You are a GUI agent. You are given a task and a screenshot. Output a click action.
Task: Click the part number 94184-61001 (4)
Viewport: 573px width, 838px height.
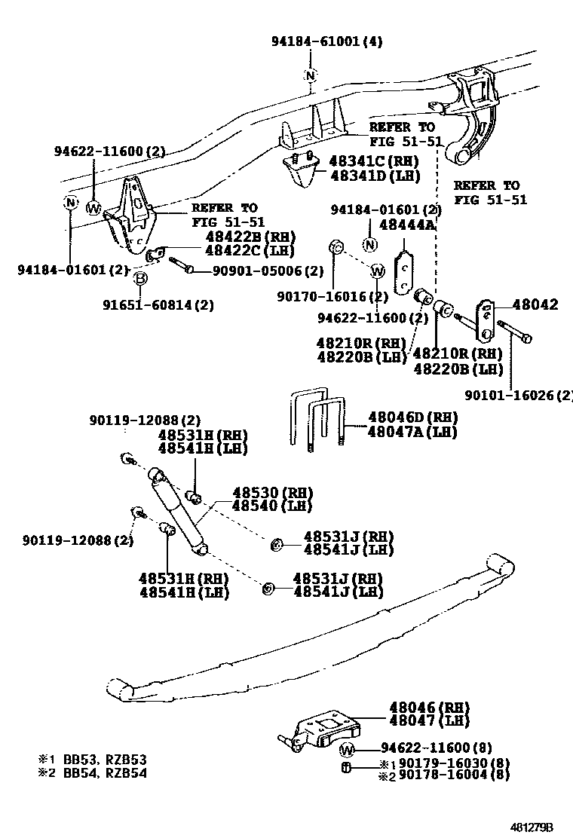tap(326, 42)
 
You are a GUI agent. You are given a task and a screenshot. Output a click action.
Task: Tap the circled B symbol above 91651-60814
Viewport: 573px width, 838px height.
tap(139, 280)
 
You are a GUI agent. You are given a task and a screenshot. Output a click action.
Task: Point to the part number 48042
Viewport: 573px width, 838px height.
tap(535, 305)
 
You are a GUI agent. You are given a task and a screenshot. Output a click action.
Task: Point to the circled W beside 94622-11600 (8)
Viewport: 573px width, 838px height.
tap(347, 749)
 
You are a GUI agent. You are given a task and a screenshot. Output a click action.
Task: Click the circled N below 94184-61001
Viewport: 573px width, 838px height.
tap(310, 75)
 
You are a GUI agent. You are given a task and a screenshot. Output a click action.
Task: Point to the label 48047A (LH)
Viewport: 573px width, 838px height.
tap(412, 432)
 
